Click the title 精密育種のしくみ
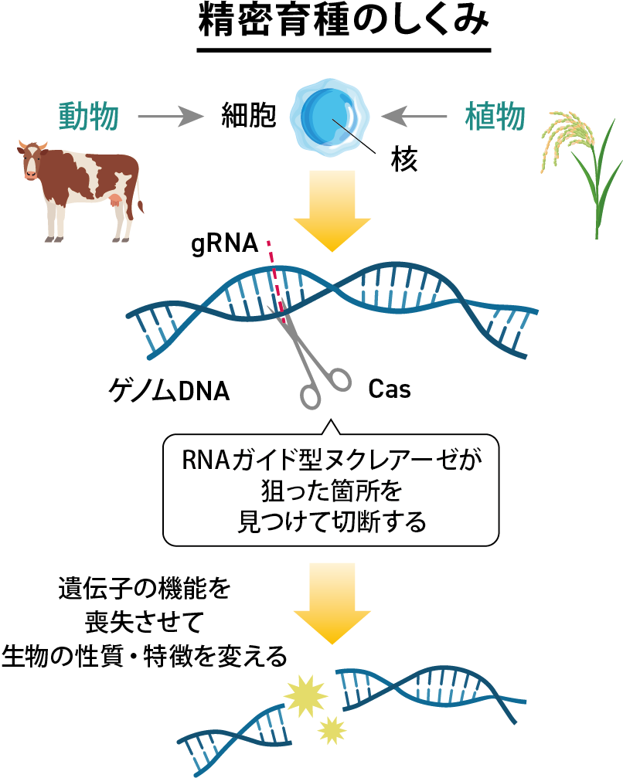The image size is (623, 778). coord(343,22)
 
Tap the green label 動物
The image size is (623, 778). coord(89,117)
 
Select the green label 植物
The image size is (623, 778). coord(495,117)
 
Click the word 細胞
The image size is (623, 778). coord(248,117)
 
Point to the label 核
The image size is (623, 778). coord(404,159)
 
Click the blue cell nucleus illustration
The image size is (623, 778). coord(329,117)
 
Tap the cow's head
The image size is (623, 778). coord(32,159)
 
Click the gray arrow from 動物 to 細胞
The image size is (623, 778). coord(171,117)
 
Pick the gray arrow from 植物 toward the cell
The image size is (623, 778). coord(414,117)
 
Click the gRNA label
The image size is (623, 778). coord(224,244)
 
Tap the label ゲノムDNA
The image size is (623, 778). coord(169,391)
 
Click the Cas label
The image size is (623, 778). coord(390,389)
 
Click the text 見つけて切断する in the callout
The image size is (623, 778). coord(332,521)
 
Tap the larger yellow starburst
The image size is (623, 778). coord(305,695)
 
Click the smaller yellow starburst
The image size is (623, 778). coord(332,730)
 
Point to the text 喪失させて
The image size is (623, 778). coord(144,622)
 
